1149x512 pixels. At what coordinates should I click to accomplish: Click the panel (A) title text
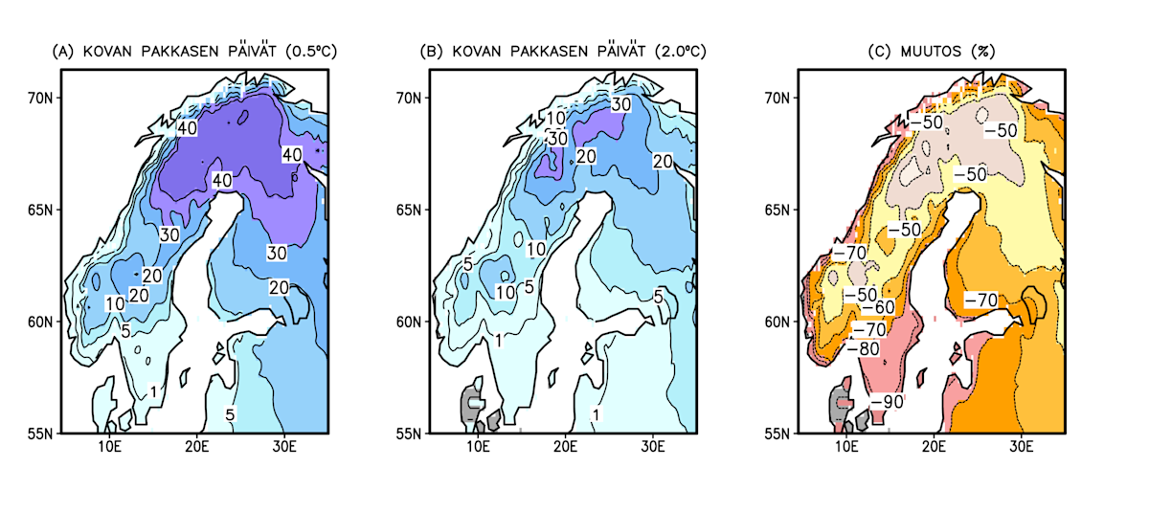pyautogui.click(x=195, y=51)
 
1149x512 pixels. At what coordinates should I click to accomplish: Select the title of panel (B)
pyautogui.click(x=564, y=51)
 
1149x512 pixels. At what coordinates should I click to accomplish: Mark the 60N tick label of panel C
pyautogui.click(x=781, y=322)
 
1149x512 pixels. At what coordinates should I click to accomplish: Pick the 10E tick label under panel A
pyautogui.click(x=110, y=448)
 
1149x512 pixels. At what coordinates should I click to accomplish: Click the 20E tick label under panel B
pyautogui.click(x=566, y=448)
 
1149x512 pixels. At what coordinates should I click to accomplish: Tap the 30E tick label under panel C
pyautogui.click(x=1022, y=448)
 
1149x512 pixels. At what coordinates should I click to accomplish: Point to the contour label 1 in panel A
pyautogui.click(x=153, y=391)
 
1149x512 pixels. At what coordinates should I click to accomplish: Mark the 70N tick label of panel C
pyautogui.click(x=781, y=98)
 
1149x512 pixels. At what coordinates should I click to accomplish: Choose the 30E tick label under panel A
pyautogui.click(x=284, y=448)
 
